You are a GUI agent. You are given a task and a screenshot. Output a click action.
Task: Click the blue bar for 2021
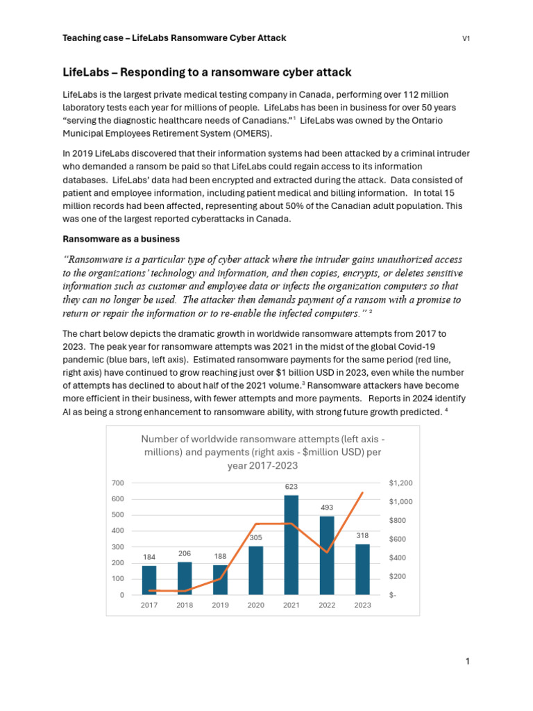pos(291,545)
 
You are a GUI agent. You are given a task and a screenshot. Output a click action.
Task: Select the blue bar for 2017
pos(149,580)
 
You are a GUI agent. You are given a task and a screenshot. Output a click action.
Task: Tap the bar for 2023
pos(362,569)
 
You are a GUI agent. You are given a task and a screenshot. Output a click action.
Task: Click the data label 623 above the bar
pos(291,487)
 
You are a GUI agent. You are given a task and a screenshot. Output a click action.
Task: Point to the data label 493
pos(327,508)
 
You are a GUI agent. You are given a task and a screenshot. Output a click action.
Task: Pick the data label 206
pos(185,553)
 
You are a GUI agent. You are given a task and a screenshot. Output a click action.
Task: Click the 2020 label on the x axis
pos(255,605)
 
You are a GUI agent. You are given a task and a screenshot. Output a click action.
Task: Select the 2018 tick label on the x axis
pos(185,605)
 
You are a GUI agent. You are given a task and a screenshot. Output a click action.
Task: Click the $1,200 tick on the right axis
pos(400,483)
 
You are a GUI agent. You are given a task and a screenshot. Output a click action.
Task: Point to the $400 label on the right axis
pos(398,558)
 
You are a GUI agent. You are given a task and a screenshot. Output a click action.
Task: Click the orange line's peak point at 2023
pos(362,493)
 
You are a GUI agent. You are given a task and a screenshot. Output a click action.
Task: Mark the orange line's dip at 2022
pos(327,552)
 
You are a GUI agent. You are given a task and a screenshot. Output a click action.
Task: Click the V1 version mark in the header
pos(466,38)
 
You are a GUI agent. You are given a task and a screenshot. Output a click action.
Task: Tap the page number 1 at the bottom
pos(468,662)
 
